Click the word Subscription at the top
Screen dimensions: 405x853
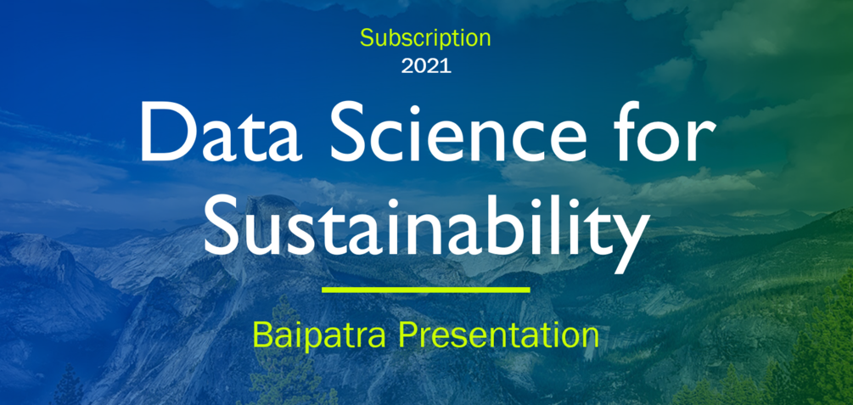(425, 38)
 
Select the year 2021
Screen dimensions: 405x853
(426, 66)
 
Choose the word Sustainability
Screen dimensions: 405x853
(426, 224)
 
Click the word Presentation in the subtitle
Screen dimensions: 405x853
(499, 334)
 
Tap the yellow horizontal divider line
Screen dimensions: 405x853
(426, 290)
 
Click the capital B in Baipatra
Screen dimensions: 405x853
(261, 334)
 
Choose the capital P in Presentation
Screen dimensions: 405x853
(407, 334)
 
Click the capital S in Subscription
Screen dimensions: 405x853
(366, 38)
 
